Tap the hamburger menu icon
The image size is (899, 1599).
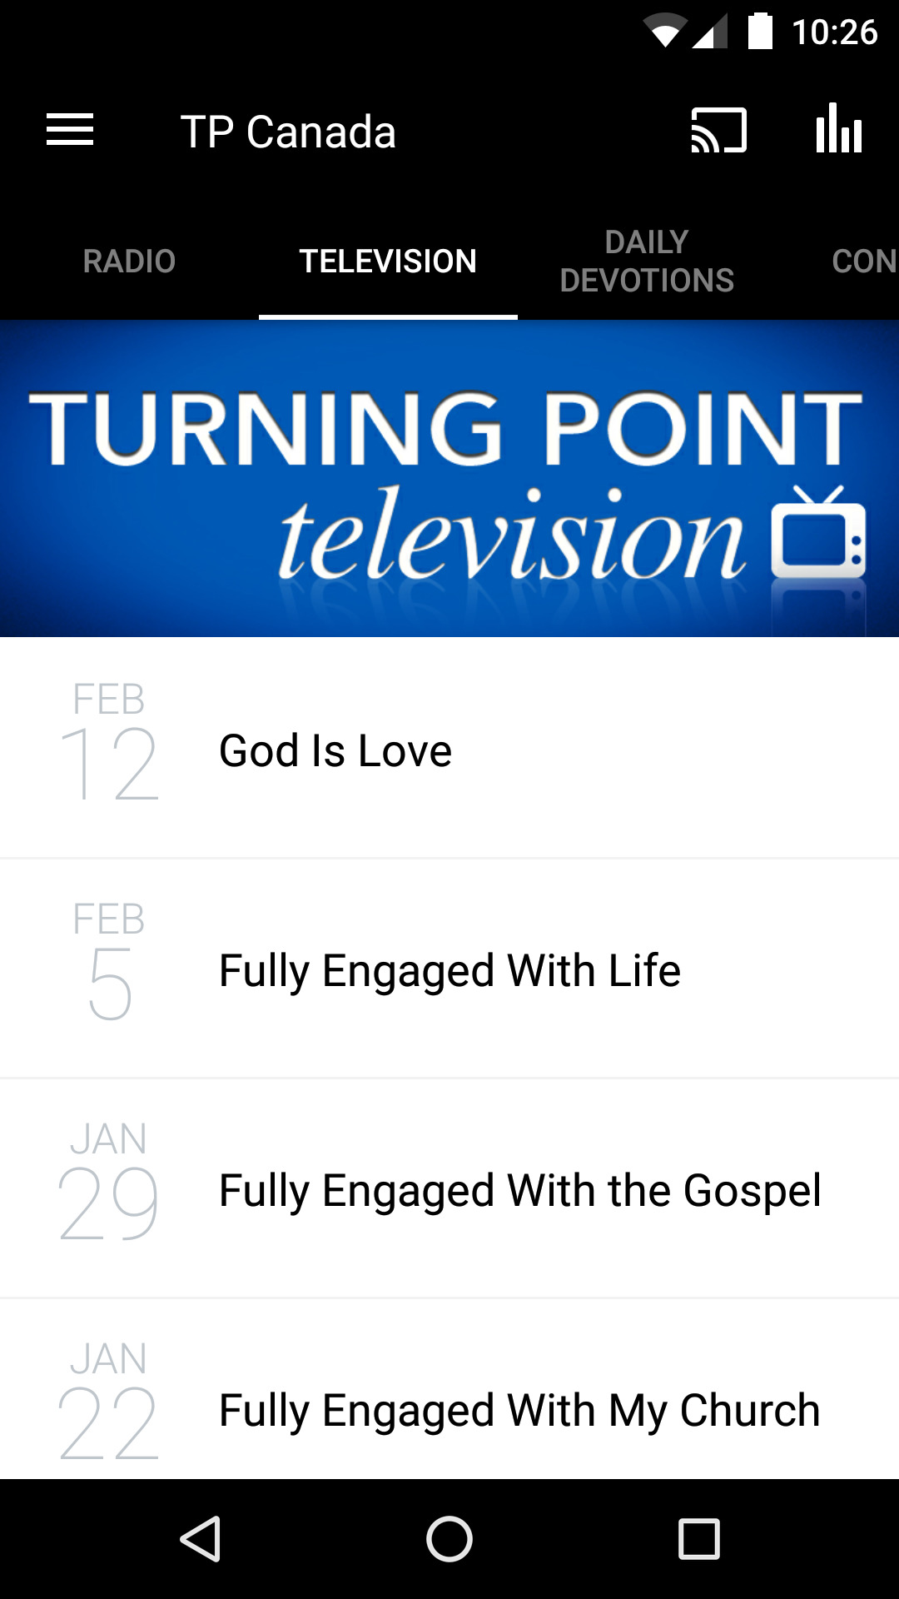[70, 131]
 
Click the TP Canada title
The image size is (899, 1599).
[288, 132]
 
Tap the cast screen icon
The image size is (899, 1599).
[718, 131]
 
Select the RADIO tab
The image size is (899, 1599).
[129, 262]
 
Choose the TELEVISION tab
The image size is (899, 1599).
[388, 262]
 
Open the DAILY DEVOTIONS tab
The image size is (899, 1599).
[647, 262]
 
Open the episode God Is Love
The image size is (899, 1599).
[335, 750]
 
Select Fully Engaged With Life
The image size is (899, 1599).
[449, 970]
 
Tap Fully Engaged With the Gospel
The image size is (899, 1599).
[519, 1190]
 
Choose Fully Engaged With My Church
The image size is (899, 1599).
[519, 1410]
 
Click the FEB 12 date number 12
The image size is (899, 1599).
[109, 764]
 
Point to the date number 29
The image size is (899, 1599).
[108, 1203]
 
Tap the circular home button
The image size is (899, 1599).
[449, 1538]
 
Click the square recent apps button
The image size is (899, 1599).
[699, 1538]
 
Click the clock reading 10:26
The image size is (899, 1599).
[834, 32]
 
